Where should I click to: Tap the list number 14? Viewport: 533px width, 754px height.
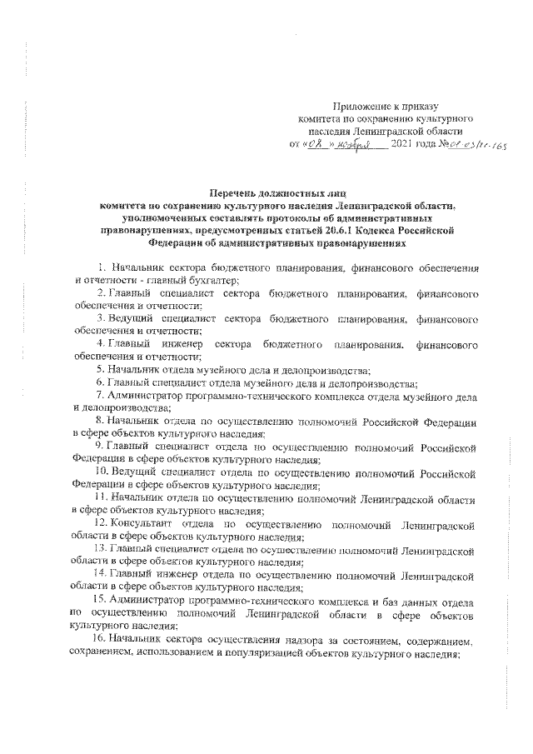101,575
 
